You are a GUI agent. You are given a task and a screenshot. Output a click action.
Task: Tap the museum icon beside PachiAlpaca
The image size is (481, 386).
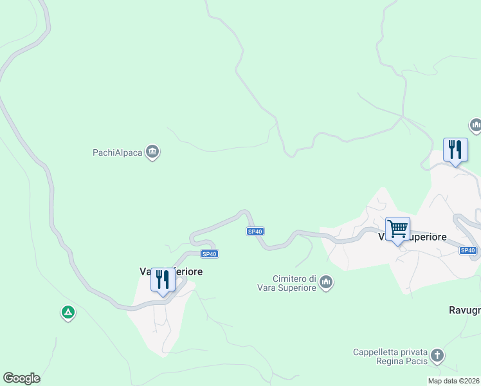pyautogui.click(x=152, y=152)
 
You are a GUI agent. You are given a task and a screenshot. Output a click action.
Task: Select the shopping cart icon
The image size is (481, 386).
pyautogui.click(x=397, y=229)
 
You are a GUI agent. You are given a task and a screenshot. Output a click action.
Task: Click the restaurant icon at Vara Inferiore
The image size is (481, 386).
pyautogui.click(x=163, y=280)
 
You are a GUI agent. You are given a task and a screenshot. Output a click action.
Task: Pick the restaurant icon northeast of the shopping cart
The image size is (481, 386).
pyautogui.click(x=455, y=151)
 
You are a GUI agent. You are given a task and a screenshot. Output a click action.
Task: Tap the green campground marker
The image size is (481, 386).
pyautogui.click(x=68, y=313)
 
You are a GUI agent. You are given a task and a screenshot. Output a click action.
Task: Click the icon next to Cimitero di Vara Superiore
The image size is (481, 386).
pyautogui.click(x=327, y=282)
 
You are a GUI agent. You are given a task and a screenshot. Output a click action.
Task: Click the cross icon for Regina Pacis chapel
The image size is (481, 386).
pyautogui.click(x=437, y=356)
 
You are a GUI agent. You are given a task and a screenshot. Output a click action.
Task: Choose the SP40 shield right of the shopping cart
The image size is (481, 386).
pyautogui.click(x=468, y=250)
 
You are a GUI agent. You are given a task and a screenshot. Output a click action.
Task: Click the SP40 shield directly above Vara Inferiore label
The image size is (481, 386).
pyautogui.click(x=209, y=254)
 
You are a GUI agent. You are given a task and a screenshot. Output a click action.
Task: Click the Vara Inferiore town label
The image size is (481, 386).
pyautogui.click(x=171, y=271)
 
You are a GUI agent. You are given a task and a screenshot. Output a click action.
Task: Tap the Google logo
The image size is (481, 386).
pyautogui.click(x=21, y=378)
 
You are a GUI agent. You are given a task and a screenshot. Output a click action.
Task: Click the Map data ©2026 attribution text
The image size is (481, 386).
pyautogui.click(x=453, y=381)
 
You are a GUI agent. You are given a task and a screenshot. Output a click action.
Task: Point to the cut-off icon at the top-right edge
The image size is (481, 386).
pyautogui.click(x=476, y=124)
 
